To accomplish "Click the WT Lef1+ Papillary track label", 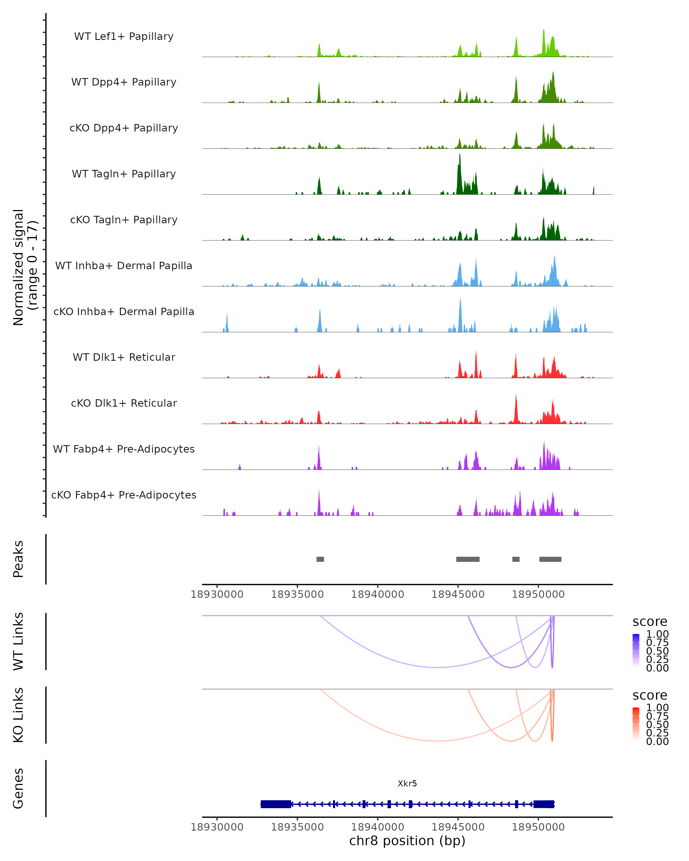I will click(124, 36).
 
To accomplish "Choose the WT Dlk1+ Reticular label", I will click(124, 357).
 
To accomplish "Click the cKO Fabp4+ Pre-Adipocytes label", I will click(124, 495).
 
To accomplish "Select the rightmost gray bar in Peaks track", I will click(550, 559).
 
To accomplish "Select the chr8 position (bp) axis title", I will click(407, 841).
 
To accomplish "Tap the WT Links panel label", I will click(18, 642).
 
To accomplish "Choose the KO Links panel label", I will click(18, 715).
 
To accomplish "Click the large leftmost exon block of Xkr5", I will click(276, 804).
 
